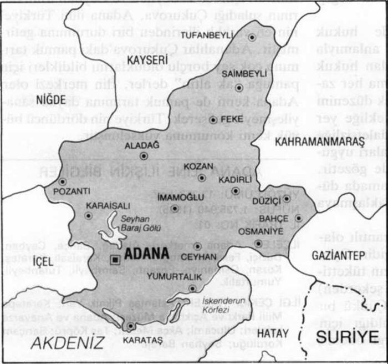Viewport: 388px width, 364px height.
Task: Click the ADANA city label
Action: tap(147, 255)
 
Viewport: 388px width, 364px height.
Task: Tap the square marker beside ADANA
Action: tap(116, 259)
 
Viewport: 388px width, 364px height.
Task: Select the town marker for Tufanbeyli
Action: tap(252, 37)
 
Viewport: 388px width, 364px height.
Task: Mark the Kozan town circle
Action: tap(202, 178)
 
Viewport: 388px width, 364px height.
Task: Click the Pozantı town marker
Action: tap(62, 181)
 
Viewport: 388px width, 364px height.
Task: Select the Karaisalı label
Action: tap(103, 201)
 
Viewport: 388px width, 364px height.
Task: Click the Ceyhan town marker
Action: tap(197, 246)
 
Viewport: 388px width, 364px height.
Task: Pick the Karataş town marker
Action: tap(130, 326)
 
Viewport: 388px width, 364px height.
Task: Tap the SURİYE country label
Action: tap(347, 336)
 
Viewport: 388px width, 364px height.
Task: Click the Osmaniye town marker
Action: tap(258, 242)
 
